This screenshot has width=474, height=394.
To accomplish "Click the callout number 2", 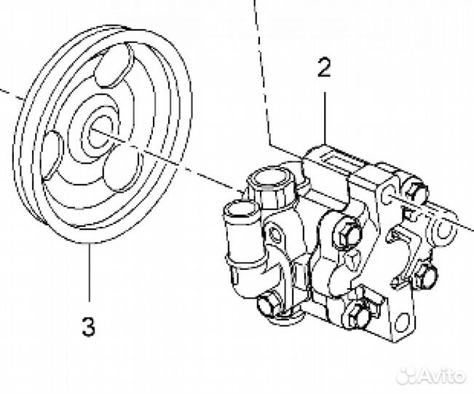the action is pos(324,68).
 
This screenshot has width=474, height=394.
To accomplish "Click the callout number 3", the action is pos(89,326).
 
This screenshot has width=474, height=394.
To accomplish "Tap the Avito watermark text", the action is pos(442,376).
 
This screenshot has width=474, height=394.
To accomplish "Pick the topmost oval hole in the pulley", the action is pos(114,65).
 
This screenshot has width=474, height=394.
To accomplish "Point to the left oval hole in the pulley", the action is pos(52,154).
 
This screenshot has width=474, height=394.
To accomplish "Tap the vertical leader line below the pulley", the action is pos(90,273).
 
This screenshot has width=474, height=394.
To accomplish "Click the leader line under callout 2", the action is pos(325,118).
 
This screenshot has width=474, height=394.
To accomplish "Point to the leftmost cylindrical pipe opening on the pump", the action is pos(240,209).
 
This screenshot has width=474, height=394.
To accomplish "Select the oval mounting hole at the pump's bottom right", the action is pos(403,322).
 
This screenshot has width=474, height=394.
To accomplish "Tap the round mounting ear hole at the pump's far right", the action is pos(443,230).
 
